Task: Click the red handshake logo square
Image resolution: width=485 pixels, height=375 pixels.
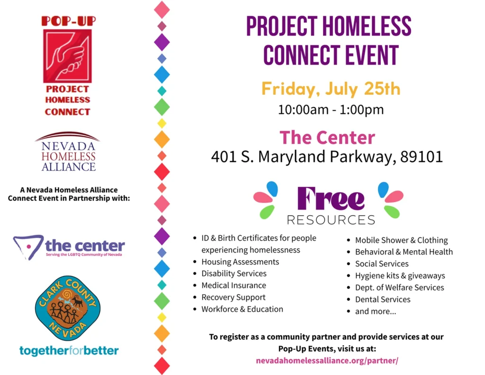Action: (67, 56)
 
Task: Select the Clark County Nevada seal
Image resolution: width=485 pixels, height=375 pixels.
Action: (68, 308)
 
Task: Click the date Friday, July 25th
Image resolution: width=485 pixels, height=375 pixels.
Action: (331, 89)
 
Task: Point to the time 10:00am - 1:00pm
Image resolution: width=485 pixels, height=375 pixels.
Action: (331, 110)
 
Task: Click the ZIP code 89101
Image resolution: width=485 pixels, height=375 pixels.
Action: (421, 156)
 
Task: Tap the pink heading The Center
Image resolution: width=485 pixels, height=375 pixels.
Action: (327, 137)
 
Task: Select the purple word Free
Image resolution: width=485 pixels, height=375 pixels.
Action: (331, 199)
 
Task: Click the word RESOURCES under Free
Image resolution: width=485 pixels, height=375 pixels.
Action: (331, 220)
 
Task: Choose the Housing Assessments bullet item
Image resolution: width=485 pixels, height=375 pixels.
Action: (240, 262)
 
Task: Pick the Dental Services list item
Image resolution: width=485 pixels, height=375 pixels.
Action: (383, 300)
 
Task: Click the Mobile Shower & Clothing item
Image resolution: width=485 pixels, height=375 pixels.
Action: (401, 240)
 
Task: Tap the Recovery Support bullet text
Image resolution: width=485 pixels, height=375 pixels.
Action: (234, 297)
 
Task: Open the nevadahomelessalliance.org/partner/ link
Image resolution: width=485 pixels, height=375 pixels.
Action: (327, 361)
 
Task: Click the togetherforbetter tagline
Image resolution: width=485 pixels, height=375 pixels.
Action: (69, 350)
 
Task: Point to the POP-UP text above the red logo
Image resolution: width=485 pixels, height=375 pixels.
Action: (69, 21)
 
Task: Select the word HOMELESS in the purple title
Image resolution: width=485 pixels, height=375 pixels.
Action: (367, 27)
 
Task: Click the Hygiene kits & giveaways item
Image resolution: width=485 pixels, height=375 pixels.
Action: (400, 276)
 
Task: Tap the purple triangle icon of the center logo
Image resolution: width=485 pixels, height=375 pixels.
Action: (28, 247)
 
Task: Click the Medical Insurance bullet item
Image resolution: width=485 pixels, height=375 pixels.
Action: (234, 285)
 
